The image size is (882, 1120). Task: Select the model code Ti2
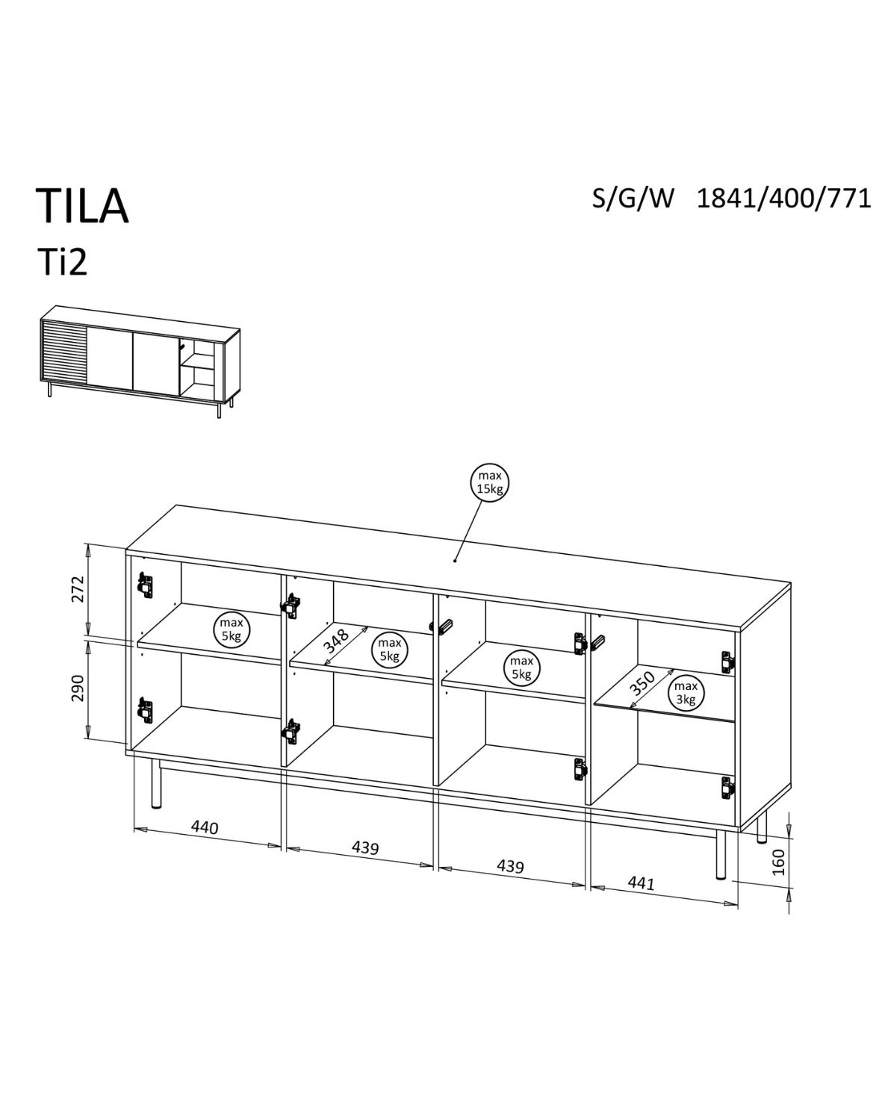pos(62,263)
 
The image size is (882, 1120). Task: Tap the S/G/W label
pos(633,199)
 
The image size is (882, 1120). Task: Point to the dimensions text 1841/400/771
pos(783,199)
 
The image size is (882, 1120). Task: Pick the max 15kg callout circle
pos(489,482)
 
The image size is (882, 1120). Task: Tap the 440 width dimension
pos(205,827)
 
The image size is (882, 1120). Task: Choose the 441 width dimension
pos(641,883)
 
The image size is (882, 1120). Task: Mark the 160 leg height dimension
pos(778,862)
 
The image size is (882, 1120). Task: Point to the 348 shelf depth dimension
pos(338,645)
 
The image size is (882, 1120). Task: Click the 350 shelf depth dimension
pos(642,684)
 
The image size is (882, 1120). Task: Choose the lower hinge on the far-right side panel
pos(727,785)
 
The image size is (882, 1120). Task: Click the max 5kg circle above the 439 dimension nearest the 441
pos(521,668)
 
